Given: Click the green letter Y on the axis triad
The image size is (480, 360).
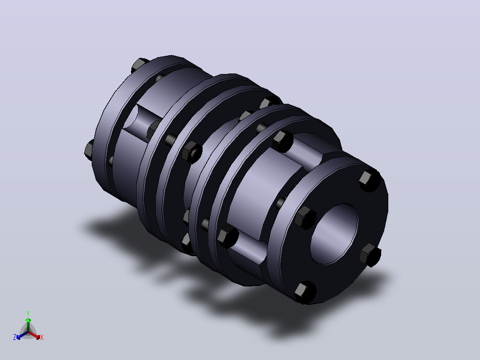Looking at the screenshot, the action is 28,314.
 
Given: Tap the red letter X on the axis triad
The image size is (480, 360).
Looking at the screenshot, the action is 42,337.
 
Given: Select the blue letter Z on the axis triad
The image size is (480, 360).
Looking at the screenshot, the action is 15,337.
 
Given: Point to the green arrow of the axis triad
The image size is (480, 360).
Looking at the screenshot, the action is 28,324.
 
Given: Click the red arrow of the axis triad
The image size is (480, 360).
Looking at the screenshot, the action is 34,335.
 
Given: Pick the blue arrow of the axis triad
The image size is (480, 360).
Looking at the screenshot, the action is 22,335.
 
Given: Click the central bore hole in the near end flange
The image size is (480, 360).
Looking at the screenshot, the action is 334,234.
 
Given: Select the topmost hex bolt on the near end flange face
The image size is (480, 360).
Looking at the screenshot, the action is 370,180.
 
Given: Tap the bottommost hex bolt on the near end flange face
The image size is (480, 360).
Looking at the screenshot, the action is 305,293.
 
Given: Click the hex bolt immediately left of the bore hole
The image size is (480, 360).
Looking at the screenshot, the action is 305,217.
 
